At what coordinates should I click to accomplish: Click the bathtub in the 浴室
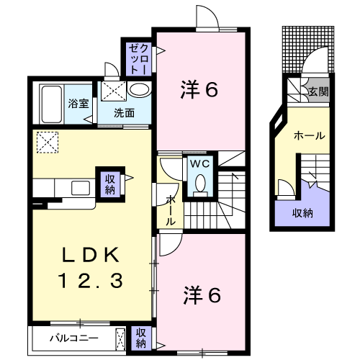[x=51, y=104]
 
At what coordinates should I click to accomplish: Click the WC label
[x=200, y=164]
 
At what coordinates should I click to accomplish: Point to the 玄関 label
[x=318, y=91]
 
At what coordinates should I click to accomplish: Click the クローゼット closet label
[x=138, y=59]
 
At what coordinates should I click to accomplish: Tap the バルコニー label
[x=74, y=338]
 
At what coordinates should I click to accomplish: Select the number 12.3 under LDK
[x=91, y=281]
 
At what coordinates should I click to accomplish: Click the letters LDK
[x=91, y=255]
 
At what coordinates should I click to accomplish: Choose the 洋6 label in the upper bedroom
[x=199, y=90]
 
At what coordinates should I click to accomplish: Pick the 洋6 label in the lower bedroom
[x=202, y=295]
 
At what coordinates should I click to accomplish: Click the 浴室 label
[x=78, y=104]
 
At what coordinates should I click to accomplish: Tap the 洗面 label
[x=124, y=113]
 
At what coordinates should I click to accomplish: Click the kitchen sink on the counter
[x=81, y=188]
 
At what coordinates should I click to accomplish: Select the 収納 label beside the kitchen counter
[x=110, y=184]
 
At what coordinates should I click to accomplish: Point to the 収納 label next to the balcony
[x=141, y=338]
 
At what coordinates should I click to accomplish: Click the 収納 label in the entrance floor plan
[x=302, y=213]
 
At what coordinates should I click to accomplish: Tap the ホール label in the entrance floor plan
[x=310, y=136]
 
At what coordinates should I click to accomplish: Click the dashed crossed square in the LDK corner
[x=48, y=143]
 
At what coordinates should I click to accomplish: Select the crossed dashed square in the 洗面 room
[x=113, y=92]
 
